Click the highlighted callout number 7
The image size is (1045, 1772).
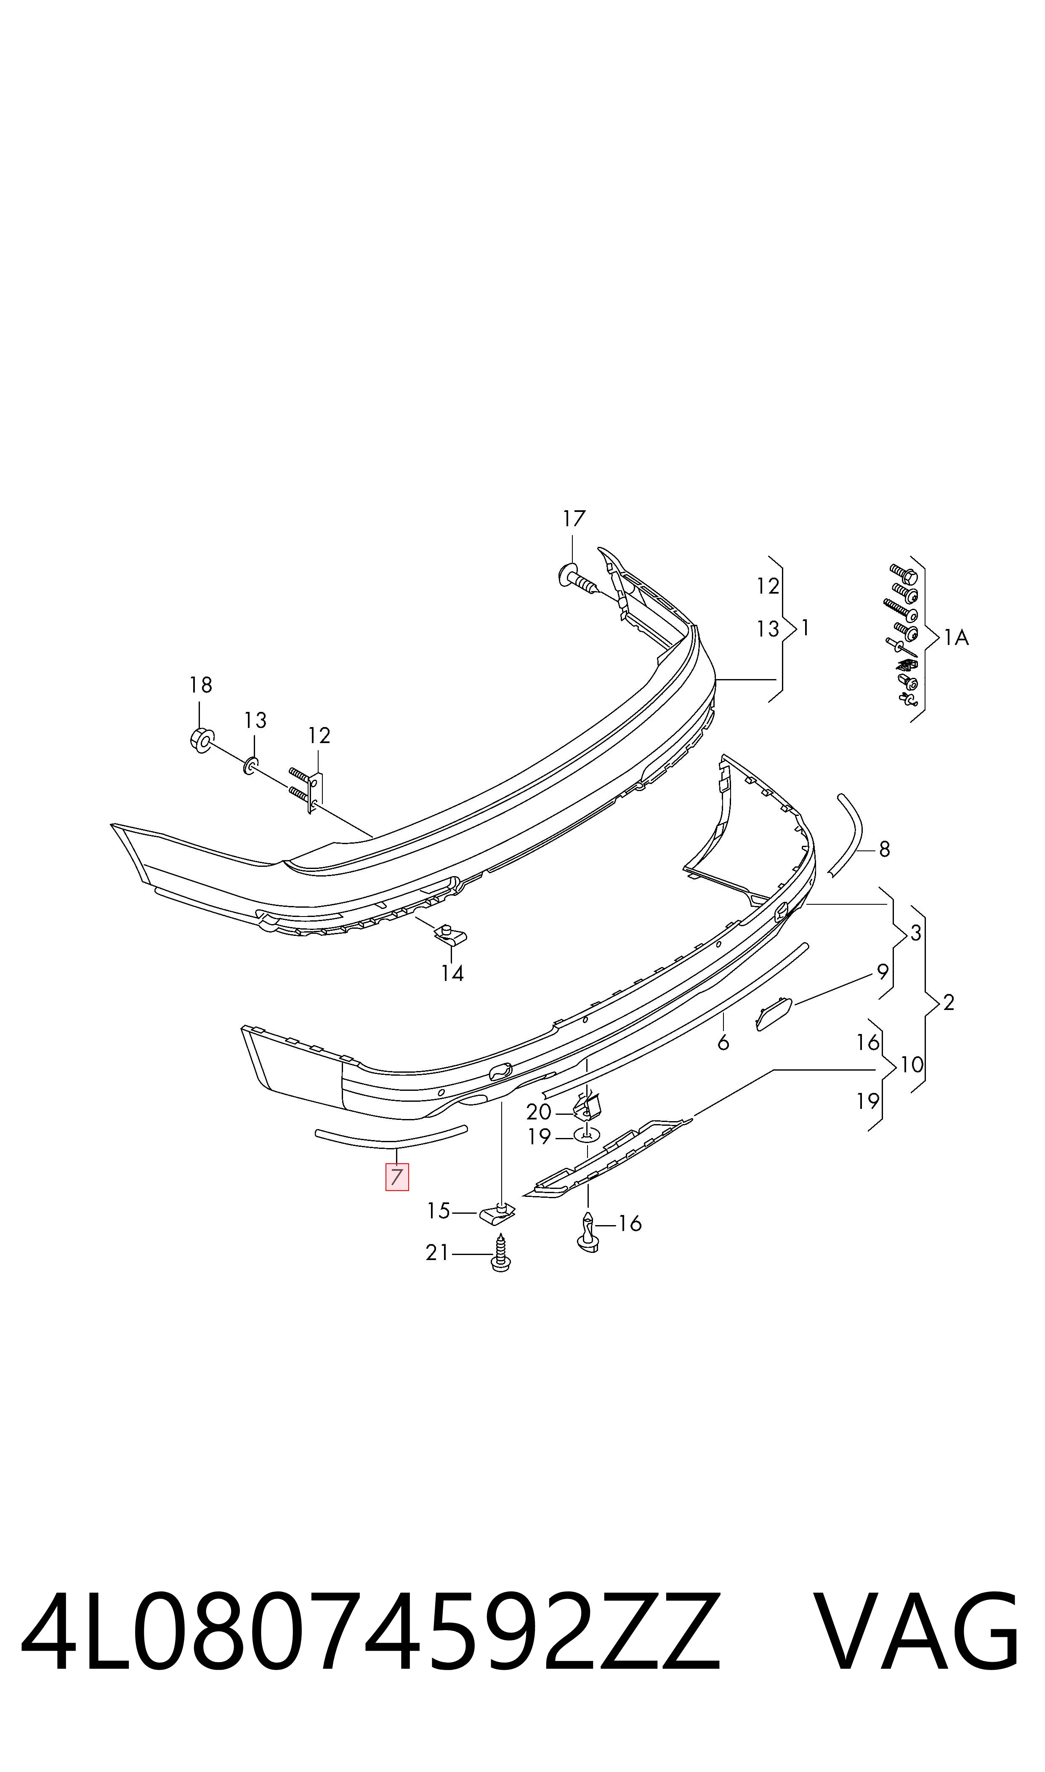(396, 1176)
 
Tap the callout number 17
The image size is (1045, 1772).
(574, 519)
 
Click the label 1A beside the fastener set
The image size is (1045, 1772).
(956, 638)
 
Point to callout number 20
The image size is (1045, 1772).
(539, 1112)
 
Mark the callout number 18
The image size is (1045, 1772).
(201, 685)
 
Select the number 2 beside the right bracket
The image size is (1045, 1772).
(949, 1002)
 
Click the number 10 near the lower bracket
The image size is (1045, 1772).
(912, 1064)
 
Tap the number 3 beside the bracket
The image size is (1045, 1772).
(915, 933)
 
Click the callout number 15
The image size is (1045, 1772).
(438, 1211)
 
